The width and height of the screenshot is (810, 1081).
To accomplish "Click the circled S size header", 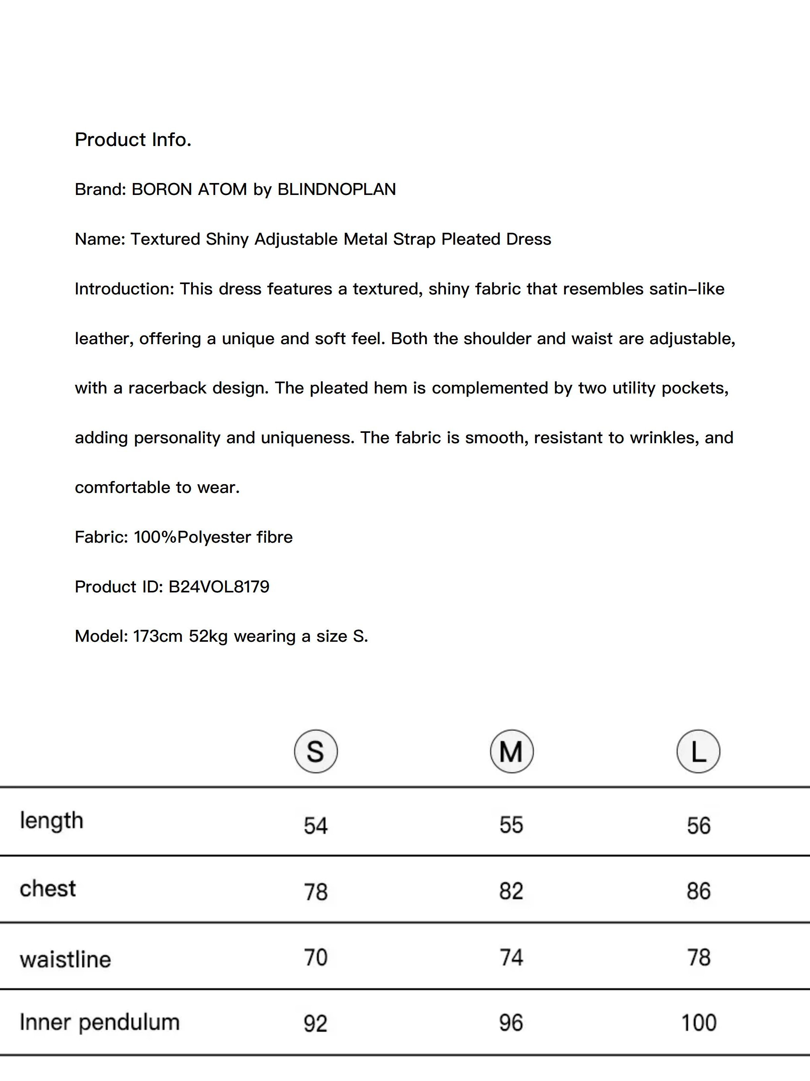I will click(x=316, y=751).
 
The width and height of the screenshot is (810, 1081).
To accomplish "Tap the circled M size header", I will click(x=511, y=751).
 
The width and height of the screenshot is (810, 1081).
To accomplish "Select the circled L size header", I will click(x=698, y=751).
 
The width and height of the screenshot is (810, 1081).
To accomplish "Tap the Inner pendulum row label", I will click(x=100, y=1022).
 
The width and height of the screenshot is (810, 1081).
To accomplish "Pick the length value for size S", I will click(x=316, y=826).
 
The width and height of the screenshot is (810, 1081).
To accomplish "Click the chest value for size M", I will click(x=511, y=891).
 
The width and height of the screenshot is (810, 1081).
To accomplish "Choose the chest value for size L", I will click(x=699, y=891).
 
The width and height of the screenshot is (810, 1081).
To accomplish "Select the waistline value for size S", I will click(x=316, y=957).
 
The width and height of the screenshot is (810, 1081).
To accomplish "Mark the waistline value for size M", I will click(x=511, y=957).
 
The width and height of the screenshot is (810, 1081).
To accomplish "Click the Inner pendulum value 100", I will click(x=699, y=1023).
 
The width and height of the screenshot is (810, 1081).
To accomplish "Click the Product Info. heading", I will click(x=133, y=140).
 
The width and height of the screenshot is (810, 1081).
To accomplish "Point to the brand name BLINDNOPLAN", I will click(x=336, y=189).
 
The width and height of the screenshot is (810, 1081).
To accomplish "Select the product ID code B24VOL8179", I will click(x=219, y=586).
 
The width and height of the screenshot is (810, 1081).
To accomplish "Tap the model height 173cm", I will click(x=158, y=636).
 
